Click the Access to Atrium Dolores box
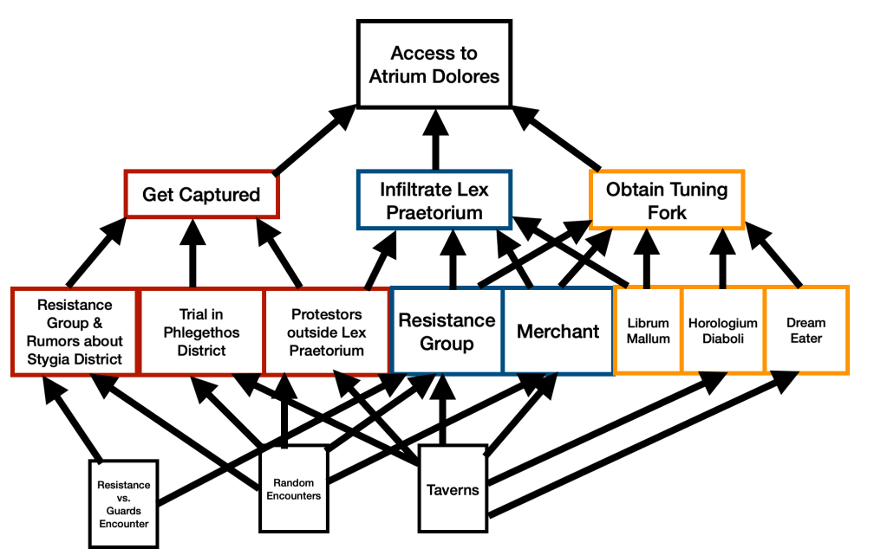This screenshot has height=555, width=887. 434,64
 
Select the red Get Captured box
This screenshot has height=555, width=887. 201,194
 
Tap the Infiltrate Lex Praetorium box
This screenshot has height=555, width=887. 434,199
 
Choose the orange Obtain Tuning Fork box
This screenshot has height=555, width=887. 667,199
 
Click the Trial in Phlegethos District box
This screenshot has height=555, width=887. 201,332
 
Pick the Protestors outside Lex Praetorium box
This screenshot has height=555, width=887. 327,332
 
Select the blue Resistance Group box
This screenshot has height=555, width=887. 447,332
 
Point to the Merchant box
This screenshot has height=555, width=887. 558,332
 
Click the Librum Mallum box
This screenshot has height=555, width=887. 648,332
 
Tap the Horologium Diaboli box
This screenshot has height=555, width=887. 722,332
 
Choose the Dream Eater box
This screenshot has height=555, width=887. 806,332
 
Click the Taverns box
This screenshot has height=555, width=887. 453,489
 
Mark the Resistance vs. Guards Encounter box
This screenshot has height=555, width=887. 123,504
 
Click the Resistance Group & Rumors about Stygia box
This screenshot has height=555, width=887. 75,332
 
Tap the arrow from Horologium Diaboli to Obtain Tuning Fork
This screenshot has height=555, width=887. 722,260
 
